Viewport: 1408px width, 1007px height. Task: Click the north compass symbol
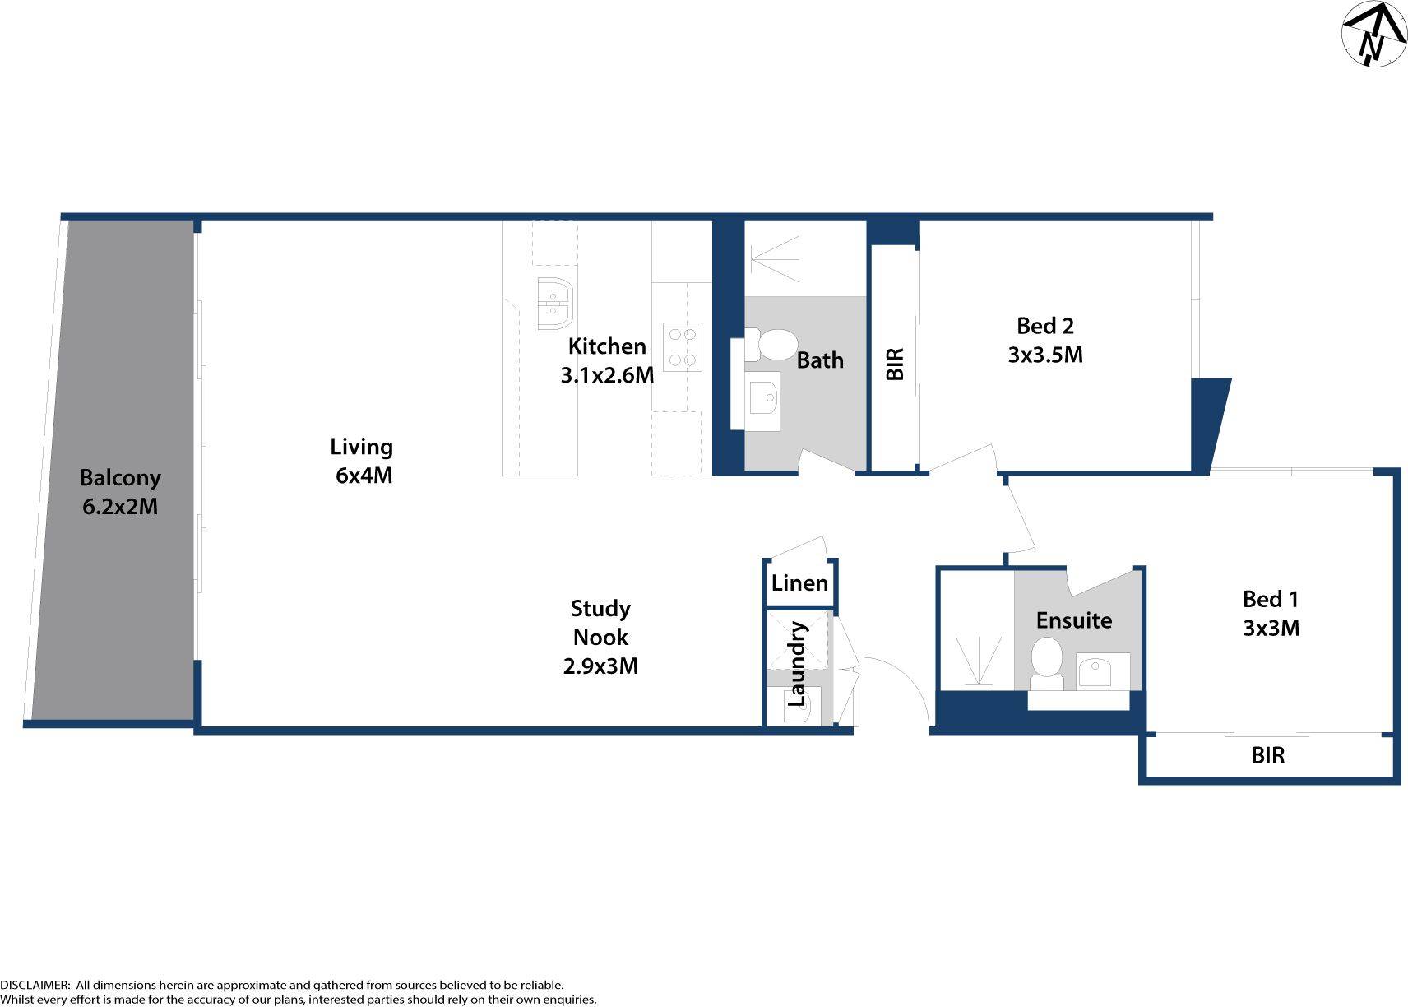(1373, 35)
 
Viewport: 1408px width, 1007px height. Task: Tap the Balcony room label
(120, 478)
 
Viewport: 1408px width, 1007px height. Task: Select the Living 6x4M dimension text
(364, 476)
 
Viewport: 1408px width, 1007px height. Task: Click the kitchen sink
(554, 303)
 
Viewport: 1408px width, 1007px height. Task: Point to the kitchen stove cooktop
(683, 346)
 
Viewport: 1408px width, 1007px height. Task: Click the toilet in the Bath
(772, 345)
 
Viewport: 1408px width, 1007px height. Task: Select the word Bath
(820, 360)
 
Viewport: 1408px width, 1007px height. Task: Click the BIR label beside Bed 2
(895, 364)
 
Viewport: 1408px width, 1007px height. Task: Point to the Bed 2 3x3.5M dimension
(1045, 355)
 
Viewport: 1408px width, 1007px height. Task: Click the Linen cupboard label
(799, 583)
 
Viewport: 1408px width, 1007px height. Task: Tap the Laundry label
(796, 664)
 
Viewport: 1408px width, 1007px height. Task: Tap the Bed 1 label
(1271, 599)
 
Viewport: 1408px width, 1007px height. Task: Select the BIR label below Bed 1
(1267, 755)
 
